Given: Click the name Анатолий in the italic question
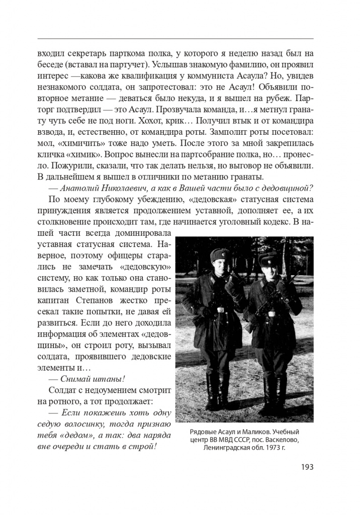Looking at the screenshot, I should coord(83,189).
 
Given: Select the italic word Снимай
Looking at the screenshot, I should coord(76,378).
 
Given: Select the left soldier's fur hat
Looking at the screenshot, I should coord(220,254).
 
